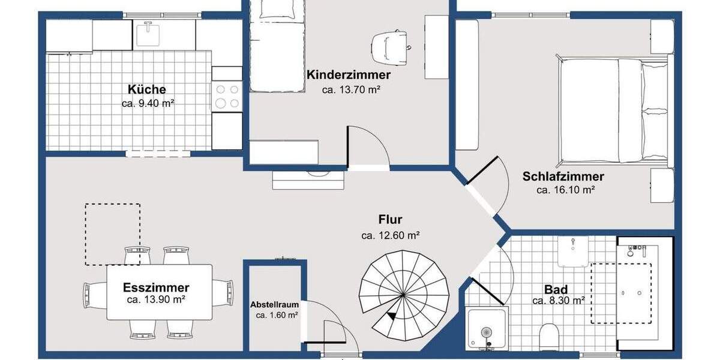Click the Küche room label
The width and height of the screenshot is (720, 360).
[x=147, y=89]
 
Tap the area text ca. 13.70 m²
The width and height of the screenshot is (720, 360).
[x=352, y=90]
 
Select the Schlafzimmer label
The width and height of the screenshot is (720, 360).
[x=563, y=176]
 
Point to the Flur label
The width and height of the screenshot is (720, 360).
[x=390, y=220]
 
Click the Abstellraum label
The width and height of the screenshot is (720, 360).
[x=274, y=305]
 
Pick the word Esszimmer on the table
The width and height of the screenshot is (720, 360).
[x=156, y=287]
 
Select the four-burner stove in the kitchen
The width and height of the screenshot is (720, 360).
[x=227, y=96]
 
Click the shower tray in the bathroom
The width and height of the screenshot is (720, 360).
[x=487, y=329]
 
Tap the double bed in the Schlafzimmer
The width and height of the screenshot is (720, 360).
[x=612, y=110]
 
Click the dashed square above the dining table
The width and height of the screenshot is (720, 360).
[x=112, y=234]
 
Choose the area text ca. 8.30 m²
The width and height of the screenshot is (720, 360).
[x=558, y=301]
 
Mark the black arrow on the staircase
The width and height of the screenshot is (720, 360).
[x=392, y=316]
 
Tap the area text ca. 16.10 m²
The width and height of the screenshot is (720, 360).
[x=565, y=190]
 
